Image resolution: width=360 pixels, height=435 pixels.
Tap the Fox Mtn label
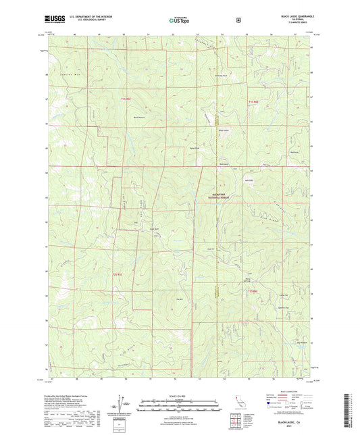(x=180, y=299)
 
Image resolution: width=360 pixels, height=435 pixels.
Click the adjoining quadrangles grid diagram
(x=237, y=420)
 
